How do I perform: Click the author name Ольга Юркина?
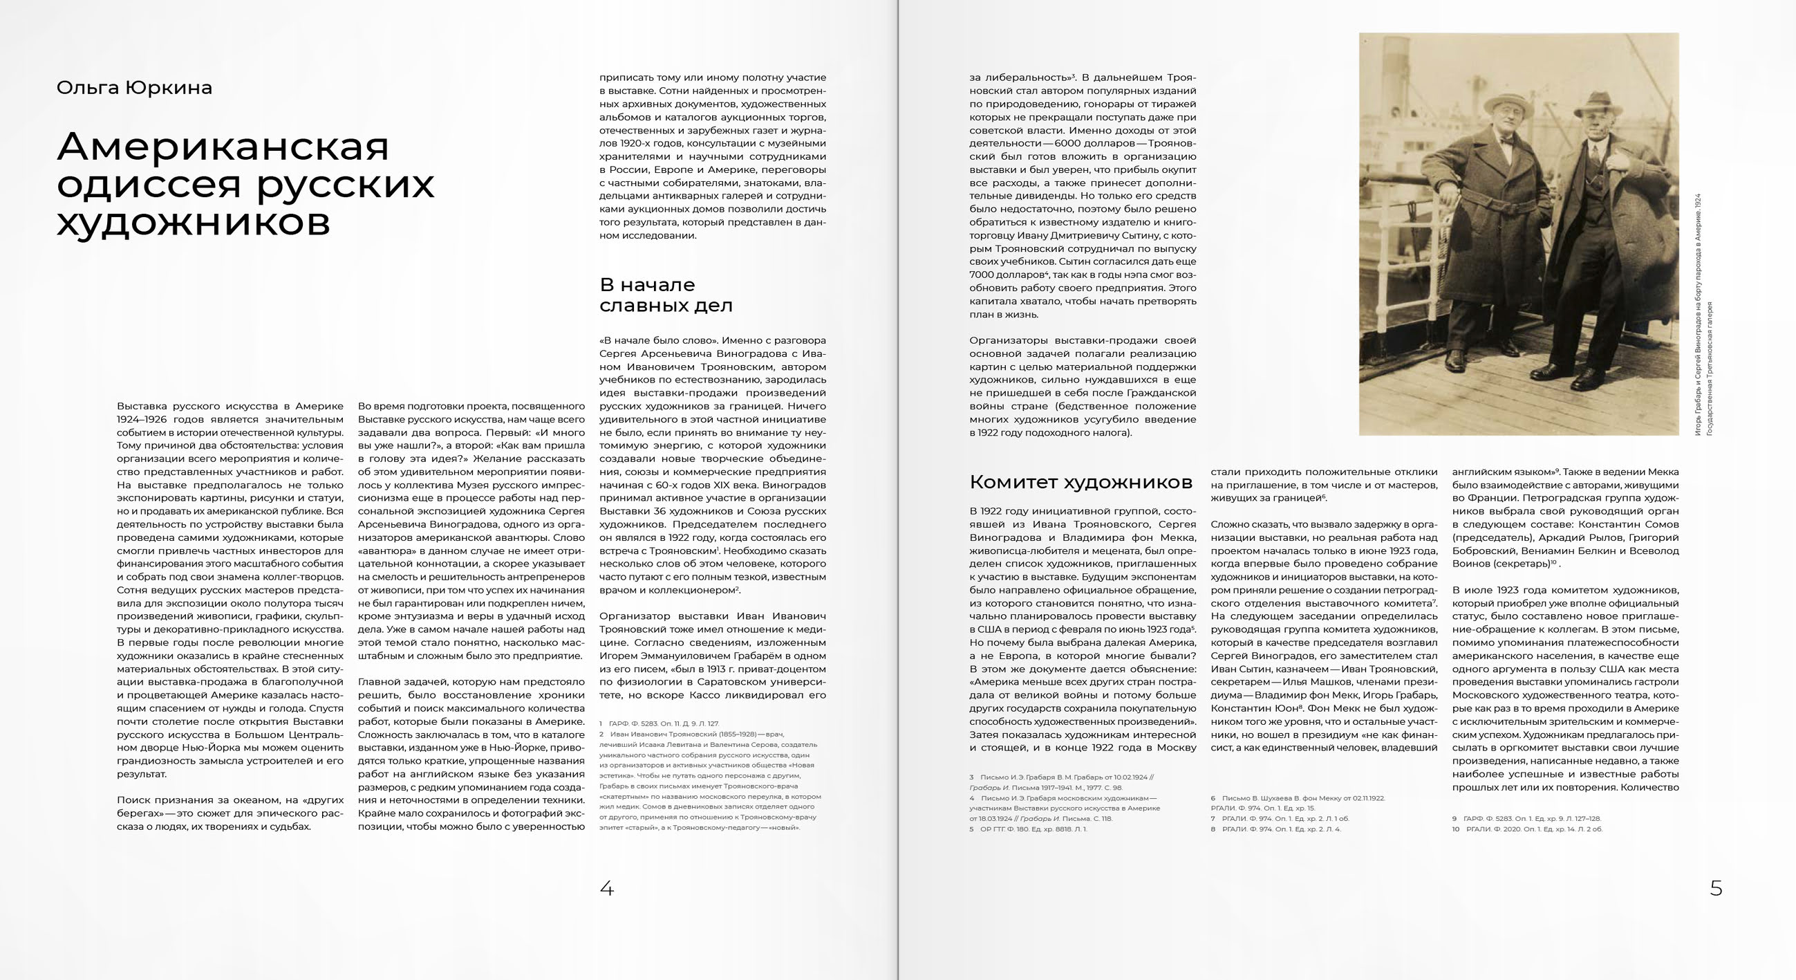(134, 88)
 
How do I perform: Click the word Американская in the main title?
(223, 147)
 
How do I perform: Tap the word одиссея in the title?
(149, 184)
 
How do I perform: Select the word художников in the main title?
(193, 223)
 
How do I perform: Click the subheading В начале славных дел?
(665, 295)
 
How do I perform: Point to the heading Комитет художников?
(1081, 482)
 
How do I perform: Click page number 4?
(606, 888)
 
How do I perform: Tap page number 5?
(1716, 888)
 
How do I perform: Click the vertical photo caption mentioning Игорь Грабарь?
(1699, 314)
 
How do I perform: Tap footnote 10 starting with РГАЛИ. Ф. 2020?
(1534, 829)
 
